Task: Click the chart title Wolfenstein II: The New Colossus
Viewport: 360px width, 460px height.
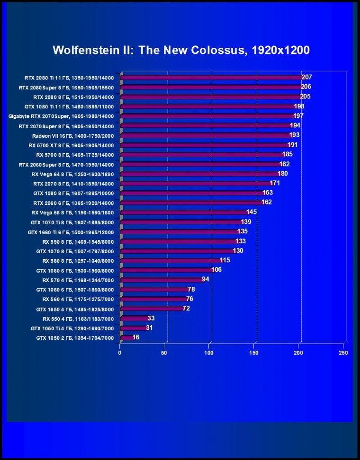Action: (181, 50)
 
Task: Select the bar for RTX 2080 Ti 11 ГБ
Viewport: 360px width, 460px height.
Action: (211, 78)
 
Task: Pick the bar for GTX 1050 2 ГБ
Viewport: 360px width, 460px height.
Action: (127, 338)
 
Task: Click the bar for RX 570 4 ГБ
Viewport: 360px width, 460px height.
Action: (161, 280)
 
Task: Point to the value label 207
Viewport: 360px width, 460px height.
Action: (306, 77)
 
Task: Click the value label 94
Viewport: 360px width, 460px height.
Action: (206, 279)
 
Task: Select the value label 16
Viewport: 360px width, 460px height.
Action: (136, 337)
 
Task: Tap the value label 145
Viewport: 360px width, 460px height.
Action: (252, 212)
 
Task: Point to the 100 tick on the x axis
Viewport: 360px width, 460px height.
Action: (209, 353)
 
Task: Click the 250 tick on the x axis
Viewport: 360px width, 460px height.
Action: (343, 353)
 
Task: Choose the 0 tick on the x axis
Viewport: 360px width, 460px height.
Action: (120, 353)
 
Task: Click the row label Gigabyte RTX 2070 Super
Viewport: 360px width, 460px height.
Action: (61, 116)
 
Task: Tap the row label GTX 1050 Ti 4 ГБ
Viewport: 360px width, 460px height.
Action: (72, 328)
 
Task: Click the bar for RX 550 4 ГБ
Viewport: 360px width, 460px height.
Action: (135, 318)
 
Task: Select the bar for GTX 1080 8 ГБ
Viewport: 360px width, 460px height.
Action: (192, 194)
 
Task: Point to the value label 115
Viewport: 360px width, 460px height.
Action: (225, 260)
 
